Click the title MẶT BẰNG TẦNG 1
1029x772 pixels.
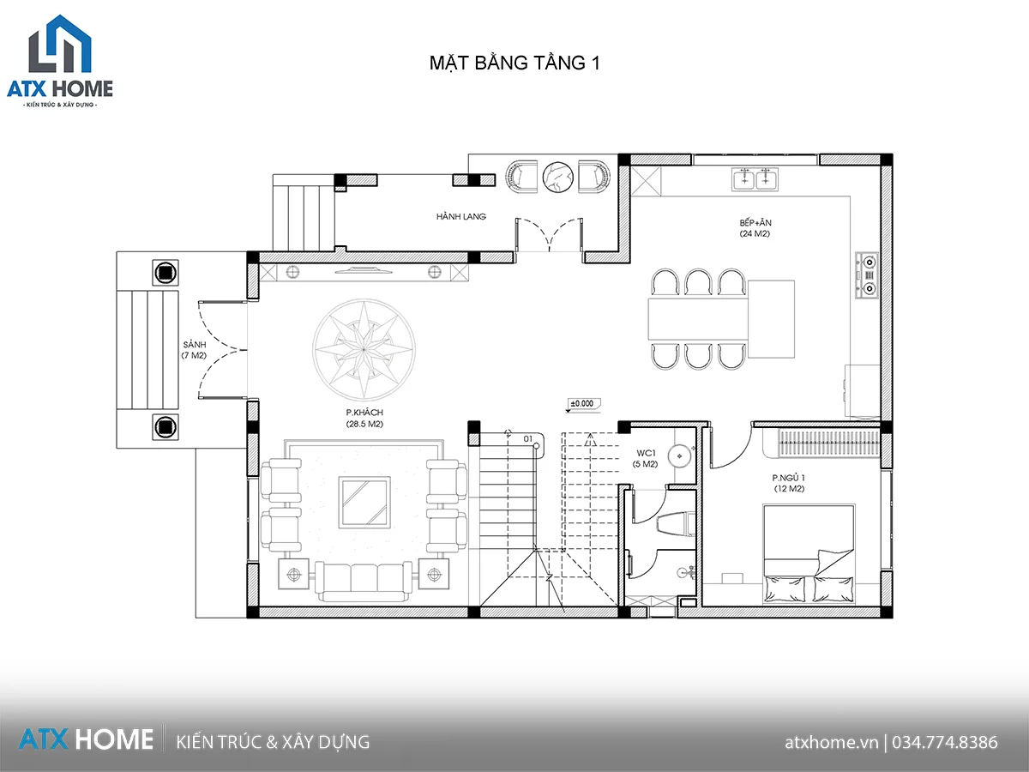[514, 63]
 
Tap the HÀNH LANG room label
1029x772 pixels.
[460, 216]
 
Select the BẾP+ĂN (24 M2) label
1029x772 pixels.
[755, 228]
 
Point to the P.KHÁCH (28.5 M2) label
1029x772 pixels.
[364, 418]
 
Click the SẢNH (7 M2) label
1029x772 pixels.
[194, 350]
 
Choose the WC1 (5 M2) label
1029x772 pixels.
[645, 458]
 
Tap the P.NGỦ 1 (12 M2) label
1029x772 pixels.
[789, 483]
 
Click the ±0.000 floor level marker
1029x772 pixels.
[582, 404]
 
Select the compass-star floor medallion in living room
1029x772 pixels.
[364, 350]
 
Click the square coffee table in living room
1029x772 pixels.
[364, 503]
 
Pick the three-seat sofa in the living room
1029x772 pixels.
[364, 582]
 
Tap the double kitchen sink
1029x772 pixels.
[755, 179]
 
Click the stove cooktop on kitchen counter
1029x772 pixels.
[866, 275]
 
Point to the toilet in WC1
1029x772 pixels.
[677, 523]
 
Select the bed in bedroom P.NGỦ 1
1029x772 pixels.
[809, 553]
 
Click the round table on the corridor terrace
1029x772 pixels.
[557, 178]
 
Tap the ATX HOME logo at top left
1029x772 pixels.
[60, 61]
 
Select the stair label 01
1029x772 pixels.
[528, 439]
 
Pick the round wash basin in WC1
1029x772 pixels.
[679, 455]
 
